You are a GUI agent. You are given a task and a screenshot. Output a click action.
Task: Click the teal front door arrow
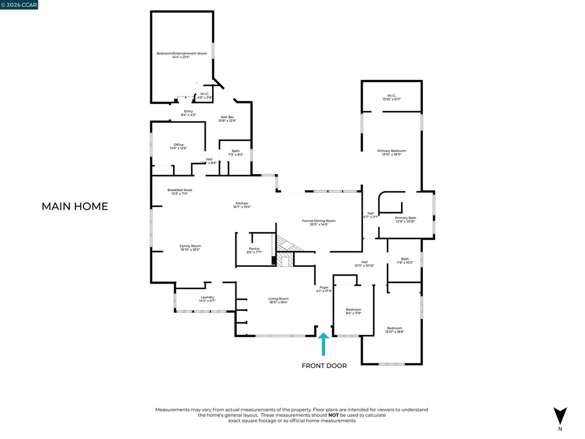pyautogui.click(x=324, y=345)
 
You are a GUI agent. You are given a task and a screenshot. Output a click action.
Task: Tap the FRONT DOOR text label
pyautogui.click(x=324, y=366)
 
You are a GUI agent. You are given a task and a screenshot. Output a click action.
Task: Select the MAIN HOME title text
pyautogui.click(x=75, y=206)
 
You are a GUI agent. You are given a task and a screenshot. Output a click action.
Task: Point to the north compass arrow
pyautogui.click(x=560, y=415)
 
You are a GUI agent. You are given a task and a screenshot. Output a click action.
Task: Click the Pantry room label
pyautogui.click(x=254, y=250)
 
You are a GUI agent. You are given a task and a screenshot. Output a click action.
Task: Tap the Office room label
pyautogui.click(x=178, y=146)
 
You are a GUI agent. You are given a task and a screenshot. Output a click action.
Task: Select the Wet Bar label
pyautogui.click(x=227, y=118)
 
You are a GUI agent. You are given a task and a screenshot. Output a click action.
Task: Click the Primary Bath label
pyautogui.click(x=406, y=219)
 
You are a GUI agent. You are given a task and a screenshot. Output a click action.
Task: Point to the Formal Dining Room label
pyautogui.click(x=319, y=222)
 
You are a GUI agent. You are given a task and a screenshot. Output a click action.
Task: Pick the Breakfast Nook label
pyautogui.click(x=179, y=191)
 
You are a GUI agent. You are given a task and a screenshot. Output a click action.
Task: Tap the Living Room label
pyautogui.click(x=279, y=300)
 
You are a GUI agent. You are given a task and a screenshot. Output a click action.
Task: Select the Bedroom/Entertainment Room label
pyautogui.click(x=182, y=55)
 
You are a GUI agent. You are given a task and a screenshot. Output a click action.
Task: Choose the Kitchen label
pyautogui.click(x=242, y=205)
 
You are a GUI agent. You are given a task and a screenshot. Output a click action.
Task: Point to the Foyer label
pyautogui.click(x=324, y=289)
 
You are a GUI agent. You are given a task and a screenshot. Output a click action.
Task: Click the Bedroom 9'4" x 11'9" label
pyautogui.click(x=354, y=311)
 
